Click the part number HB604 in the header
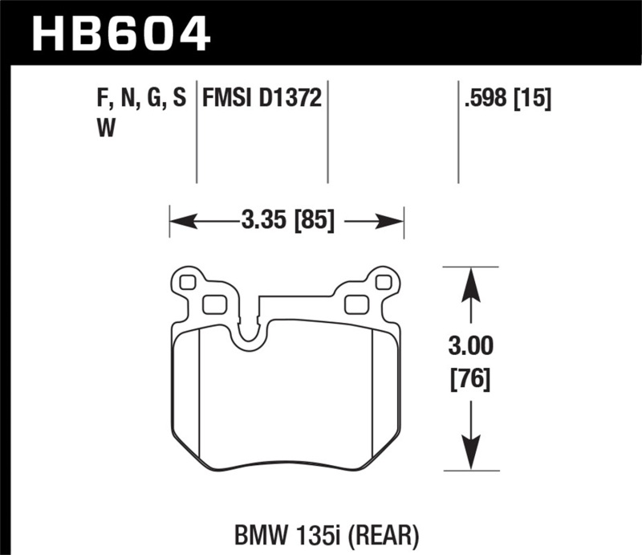tap(120, 35)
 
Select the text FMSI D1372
tap(262, 98)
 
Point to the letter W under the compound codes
tap(104, 129)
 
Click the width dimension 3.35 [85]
tap(286, 219)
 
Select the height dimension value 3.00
tap(470, 348)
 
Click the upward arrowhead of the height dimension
tap(471, 280)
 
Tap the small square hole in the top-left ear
tap(189, 282)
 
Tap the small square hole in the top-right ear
tap(383, 282)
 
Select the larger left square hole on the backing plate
tap(213, 304)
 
